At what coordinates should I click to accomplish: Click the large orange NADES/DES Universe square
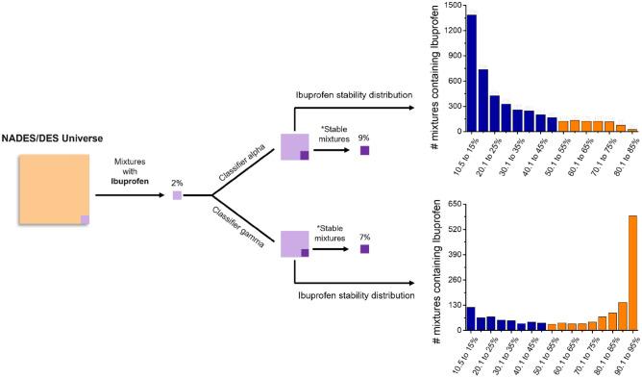53,189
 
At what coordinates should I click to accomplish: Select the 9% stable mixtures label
363,138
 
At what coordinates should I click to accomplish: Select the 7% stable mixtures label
363,236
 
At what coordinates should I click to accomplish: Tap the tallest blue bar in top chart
471,73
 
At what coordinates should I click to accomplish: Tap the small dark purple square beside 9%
363,150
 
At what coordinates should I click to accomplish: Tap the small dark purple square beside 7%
363,248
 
